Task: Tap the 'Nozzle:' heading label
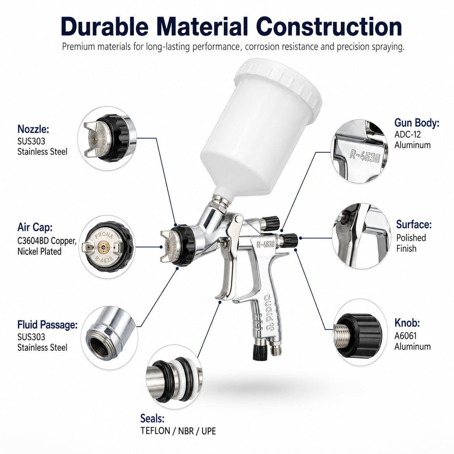pyautogui.click(x=33, y=129)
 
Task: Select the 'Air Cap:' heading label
pyautogui.click(x=35, y=227)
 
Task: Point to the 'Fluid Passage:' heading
pyautogui.click(x=47, y=325)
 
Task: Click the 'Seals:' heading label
pyautogui.click(x=152, y=419)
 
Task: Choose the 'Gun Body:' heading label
pyautogui.click(x=417, y=123)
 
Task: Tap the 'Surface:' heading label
pyautogui.click(x=414, y=224)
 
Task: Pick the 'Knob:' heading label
pyautogui.click(x=407, y=323)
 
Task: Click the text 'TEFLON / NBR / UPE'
pyautogui.click(x=178, y=431)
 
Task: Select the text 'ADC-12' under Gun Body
pyautogui.click(x=407, y=134)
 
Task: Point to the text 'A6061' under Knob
pyautogui.click(x=405, y=336)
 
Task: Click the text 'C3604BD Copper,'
pyautogui.click(x=47, y=241)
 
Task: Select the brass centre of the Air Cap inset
pyautogui.click(x=103, y=247)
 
